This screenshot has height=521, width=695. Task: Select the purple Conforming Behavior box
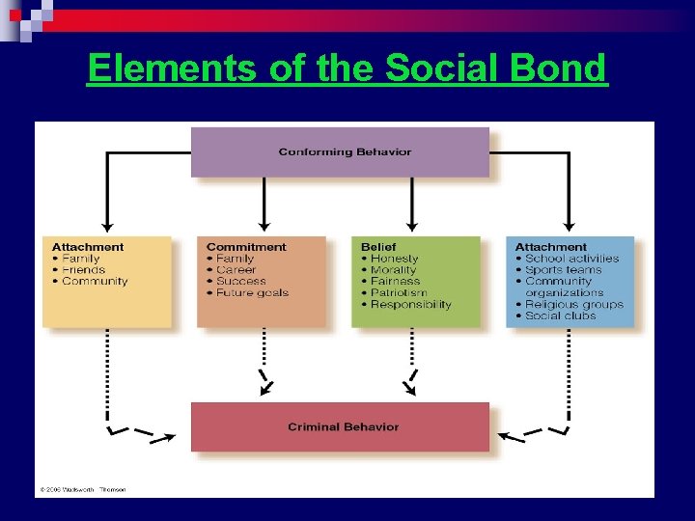(340, 151)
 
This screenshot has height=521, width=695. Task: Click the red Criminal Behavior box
(340, 426)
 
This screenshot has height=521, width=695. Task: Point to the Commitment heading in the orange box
(246, 247)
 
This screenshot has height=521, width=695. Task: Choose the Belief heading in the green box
(378, 247)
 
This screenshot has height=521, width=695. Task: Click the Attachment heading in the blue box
(550, 247)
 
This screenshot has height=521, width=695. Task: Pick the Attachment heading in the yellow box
(88, 247)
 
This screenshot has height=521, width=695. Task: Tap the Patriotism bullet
(399, 293)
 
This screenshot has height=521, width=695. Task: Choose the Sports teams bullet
(563, 270)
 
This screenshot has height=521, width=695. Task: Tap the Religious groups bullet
(574, 305)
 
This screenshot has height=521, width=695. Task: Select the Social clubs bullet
(561, 316)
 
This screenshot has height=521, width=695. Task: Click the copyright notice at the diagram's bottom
(82, 489)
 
